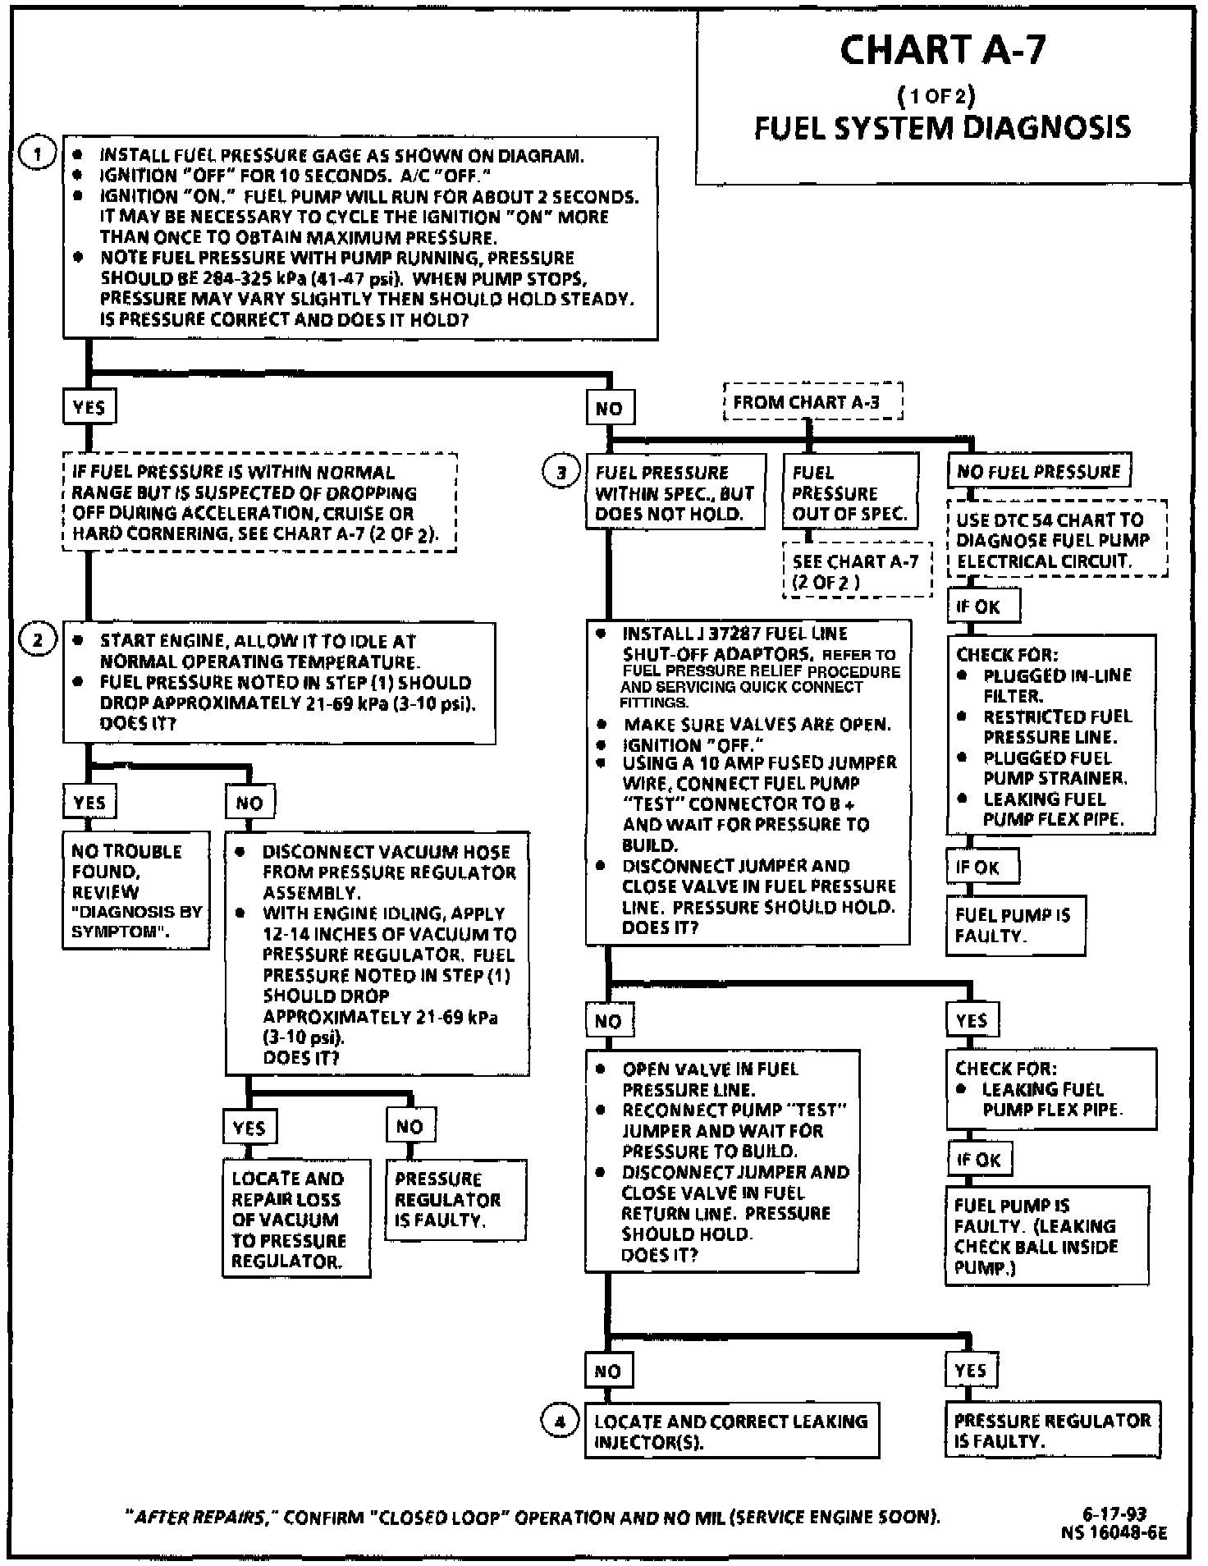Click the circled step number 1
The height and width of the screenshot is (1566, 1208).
(37, 153)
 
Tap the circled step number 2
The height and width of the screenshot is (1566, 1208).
(37, 639)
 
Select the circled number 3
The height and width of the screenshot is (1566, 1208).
(561, 473)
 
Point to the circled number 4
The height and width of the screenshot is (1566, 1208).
(560, 1421)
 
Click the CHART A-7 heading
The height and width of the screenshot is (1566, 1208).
(943, 50)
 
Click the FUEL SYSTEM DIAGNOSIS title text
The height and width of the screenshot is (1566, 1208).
(942, 127)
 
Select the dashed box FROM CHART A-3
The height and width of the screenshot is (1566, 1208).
(812, 402)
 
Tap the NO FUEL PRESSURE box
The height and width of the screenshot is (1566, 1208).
(1038, 472)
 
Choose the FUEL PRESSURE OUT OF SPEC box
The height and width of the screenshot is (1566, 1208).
(849, 492)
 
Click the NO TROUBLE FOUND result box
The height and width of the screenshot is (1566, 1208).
(135, 891)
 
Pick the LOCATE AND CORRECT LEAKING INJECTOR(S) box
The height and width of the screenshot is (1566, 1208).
(730, 1431)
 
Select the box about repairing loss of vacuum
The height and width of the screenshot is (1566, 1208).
(295, 1219)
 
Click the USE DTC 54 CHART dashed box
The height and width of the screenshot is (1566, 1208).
(1056, 540)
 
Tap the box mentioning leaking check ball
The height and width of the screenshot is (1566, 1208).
(1046, 1235)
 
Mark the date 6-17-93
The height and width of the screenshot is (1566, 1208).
(1114, 1514)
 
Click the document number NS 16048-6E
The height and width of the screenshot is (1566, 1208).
(1113, 1532)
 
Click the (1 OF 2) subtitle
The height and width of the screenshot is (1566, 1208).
(936, 96)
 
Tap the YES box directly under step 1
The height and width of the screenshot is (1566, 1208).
(89, 407)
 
